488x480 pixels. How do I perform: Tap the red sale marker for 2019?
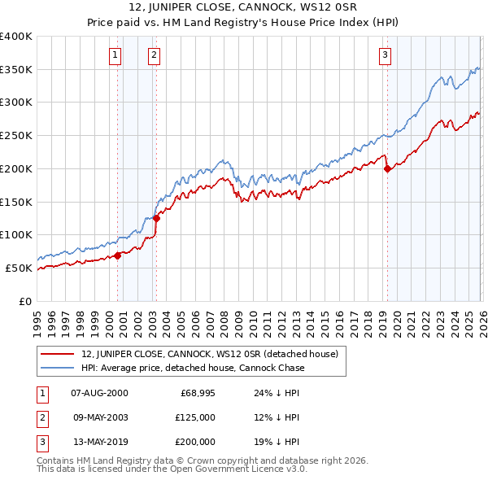387,168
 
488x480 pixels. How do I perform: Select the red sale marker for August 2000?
117,255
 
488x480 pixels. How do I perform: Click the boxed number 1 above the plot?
115,55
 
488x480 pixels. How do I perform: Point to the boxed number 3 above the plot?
384,55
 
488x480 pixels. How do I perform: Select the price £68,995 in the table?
198,393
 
